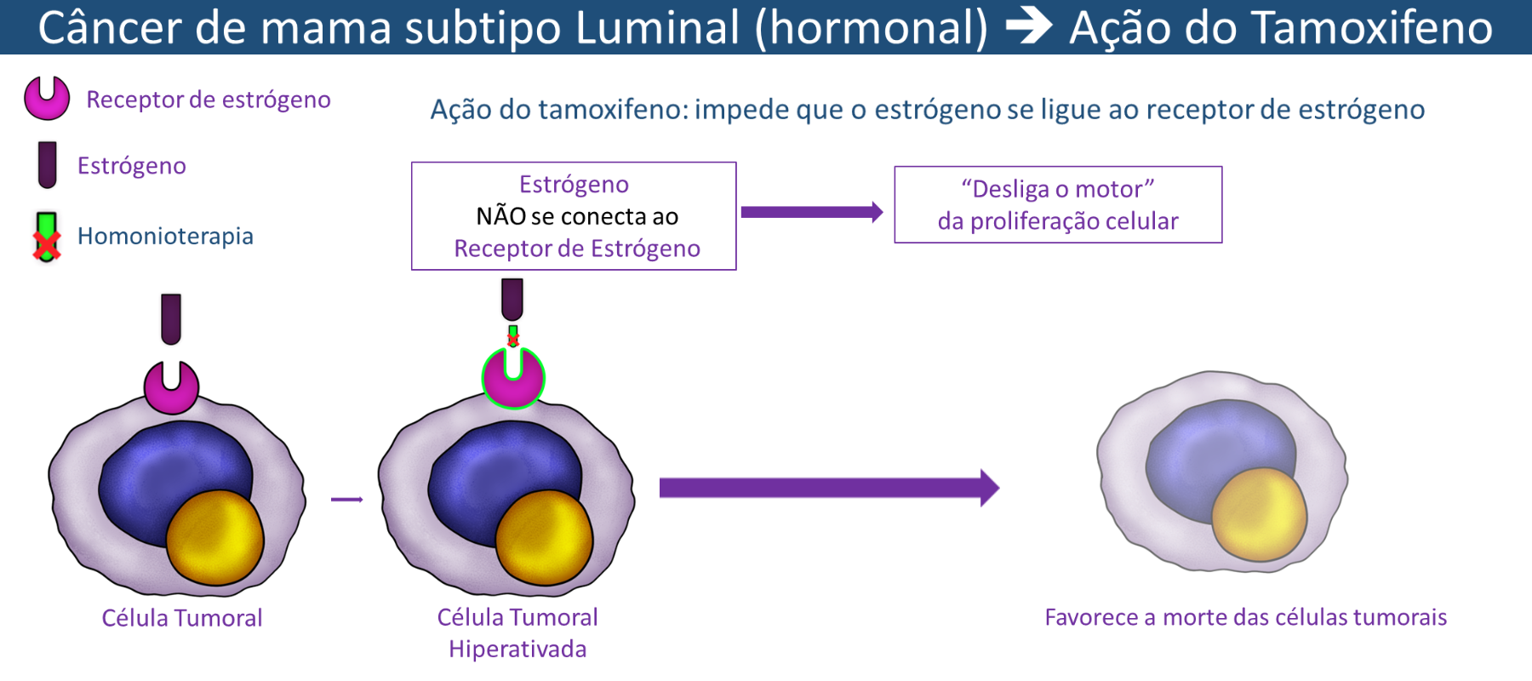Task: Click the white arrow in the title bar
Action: tap(1028, 26)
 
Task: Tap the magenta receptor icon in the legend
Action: tap(47, 98)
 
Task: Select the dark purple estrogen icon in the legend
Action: tap(48, 164)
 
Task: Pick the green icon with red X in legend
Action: tap(47, 237)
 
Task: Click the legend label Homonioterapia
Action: tap(165, 236)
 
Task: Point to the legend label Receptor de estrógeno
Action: tap(209, 100)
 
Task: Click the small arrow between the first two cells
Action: tap(346, 500)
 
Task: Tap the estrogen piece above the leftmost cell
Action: tap(171, 318)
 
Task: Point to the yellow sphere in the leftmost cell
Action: tap(214, 538)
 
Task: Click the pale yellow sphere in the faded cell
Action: tap(1258, 514)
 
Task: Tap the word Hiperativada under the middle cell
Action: tap(517, 650)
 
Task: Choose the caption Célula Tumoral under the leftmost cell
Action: tap(182, 618)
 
